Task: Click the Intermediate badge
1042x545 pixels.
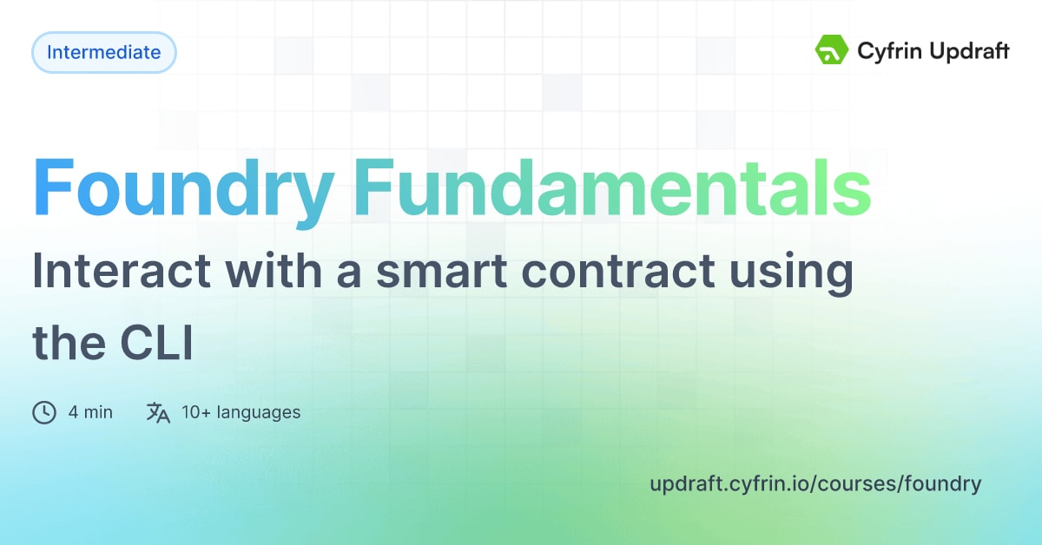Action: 103,52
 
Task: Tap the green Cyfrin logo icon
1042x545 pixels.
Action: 831,51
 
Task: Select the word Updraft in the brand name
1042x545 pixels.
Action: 970,52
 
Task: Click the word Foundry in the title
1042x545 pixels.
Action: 183,188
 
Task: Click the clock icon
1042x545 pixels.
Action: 44,412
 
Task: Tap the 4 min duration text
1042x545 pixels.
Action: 90,412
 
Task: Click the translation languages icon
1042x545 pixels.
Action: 158,412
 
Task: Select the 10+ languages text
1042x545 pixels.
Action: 241,412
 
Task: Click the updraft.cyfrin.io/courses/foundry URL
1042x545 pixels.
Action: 815,484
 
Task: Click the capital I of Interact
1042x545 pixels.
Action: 38,272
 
